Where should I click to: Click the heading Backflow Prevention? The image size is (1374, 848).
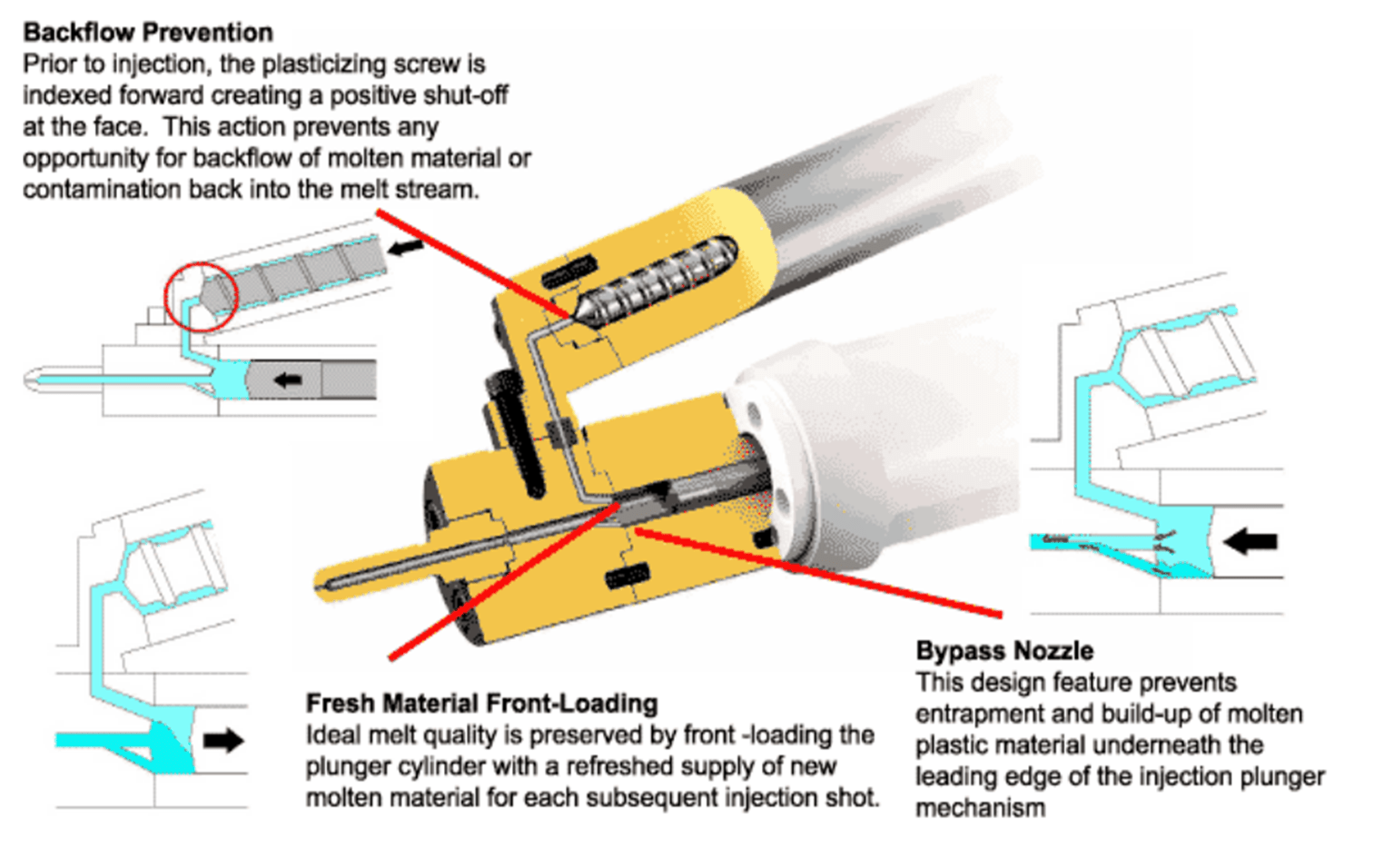click(148, 33)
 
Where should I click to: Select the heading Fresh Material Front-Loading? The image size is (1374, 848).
click(481, 704)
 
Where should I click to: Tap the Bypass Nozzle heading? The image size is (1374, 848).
click(1003, 651)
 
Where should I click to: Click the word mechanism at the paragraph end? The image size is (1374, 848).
click(980, 808)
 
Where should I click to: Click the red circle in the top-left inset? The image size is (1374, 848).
click(201, 296)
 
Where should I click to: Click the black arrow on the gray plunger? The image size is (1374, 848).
click(288, 380)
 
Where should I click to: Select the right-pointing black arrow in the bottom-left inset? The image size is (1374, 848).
click(223, 740)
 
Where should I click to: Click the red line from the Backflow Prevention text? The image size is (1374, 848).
click(472, 263)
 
